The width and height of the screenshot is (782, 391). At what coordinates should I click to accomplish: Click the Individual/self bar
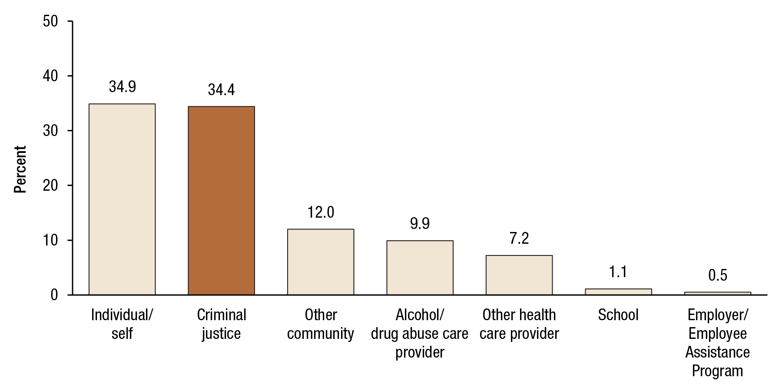click(122, 199)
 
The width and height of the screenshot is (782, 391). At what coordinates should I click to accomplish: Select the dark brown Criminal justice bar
click(221, 201)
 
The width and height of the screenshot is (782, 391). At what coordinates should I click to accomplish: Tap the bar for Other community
click(321, 262)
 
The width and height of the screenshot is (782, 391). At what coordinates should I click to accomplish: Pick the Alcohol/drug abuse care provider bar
click(420, 268)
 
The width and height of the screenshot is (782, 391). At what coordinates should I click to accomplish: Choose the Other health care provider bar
click(519, 275)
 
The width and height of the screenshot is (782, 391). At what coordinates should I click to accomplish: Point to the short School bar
click(618, 292)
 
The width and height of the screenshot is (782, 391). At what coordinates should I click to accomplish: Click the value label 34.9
click(122, 87)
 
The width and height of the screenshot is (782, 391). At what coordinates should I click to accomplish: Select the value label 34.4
click(221, 90)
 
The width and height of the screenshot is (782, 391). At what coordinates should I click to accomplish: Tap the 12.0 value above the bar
click(321, 212)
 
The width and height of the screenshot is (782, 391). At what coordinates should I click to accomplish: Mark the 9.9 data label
click(420, 224)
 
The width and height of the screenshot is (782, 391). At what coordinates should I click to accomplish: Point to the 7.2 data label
click(519, 239)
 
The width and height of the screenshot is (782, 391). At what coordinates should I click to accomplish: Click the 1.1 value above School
click(618, 272)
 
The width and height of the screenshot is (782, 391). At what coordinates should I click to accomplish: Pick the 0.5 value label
click(717, 275)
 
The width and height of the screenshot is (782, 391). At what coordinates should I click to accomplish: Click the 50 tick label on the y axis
click(50, 21)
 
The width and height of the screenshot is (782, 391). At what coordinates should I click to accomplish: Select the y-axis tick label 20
click(50, 186)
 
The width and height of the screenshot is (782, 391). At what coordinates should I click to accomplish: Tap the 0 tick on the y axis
click(54, 295)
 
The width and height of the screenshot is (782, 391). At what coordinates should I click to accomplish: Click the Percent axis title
click(20, 169)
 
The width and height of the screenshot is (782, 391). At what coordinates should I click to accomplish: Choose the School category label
click(618, 315)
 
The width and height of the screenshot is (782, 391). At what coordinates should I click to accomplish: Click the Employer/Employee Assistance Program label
click(717, 343)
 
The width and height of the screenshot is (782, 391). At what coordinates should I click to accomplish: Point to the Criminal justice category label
click(221, 324)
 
